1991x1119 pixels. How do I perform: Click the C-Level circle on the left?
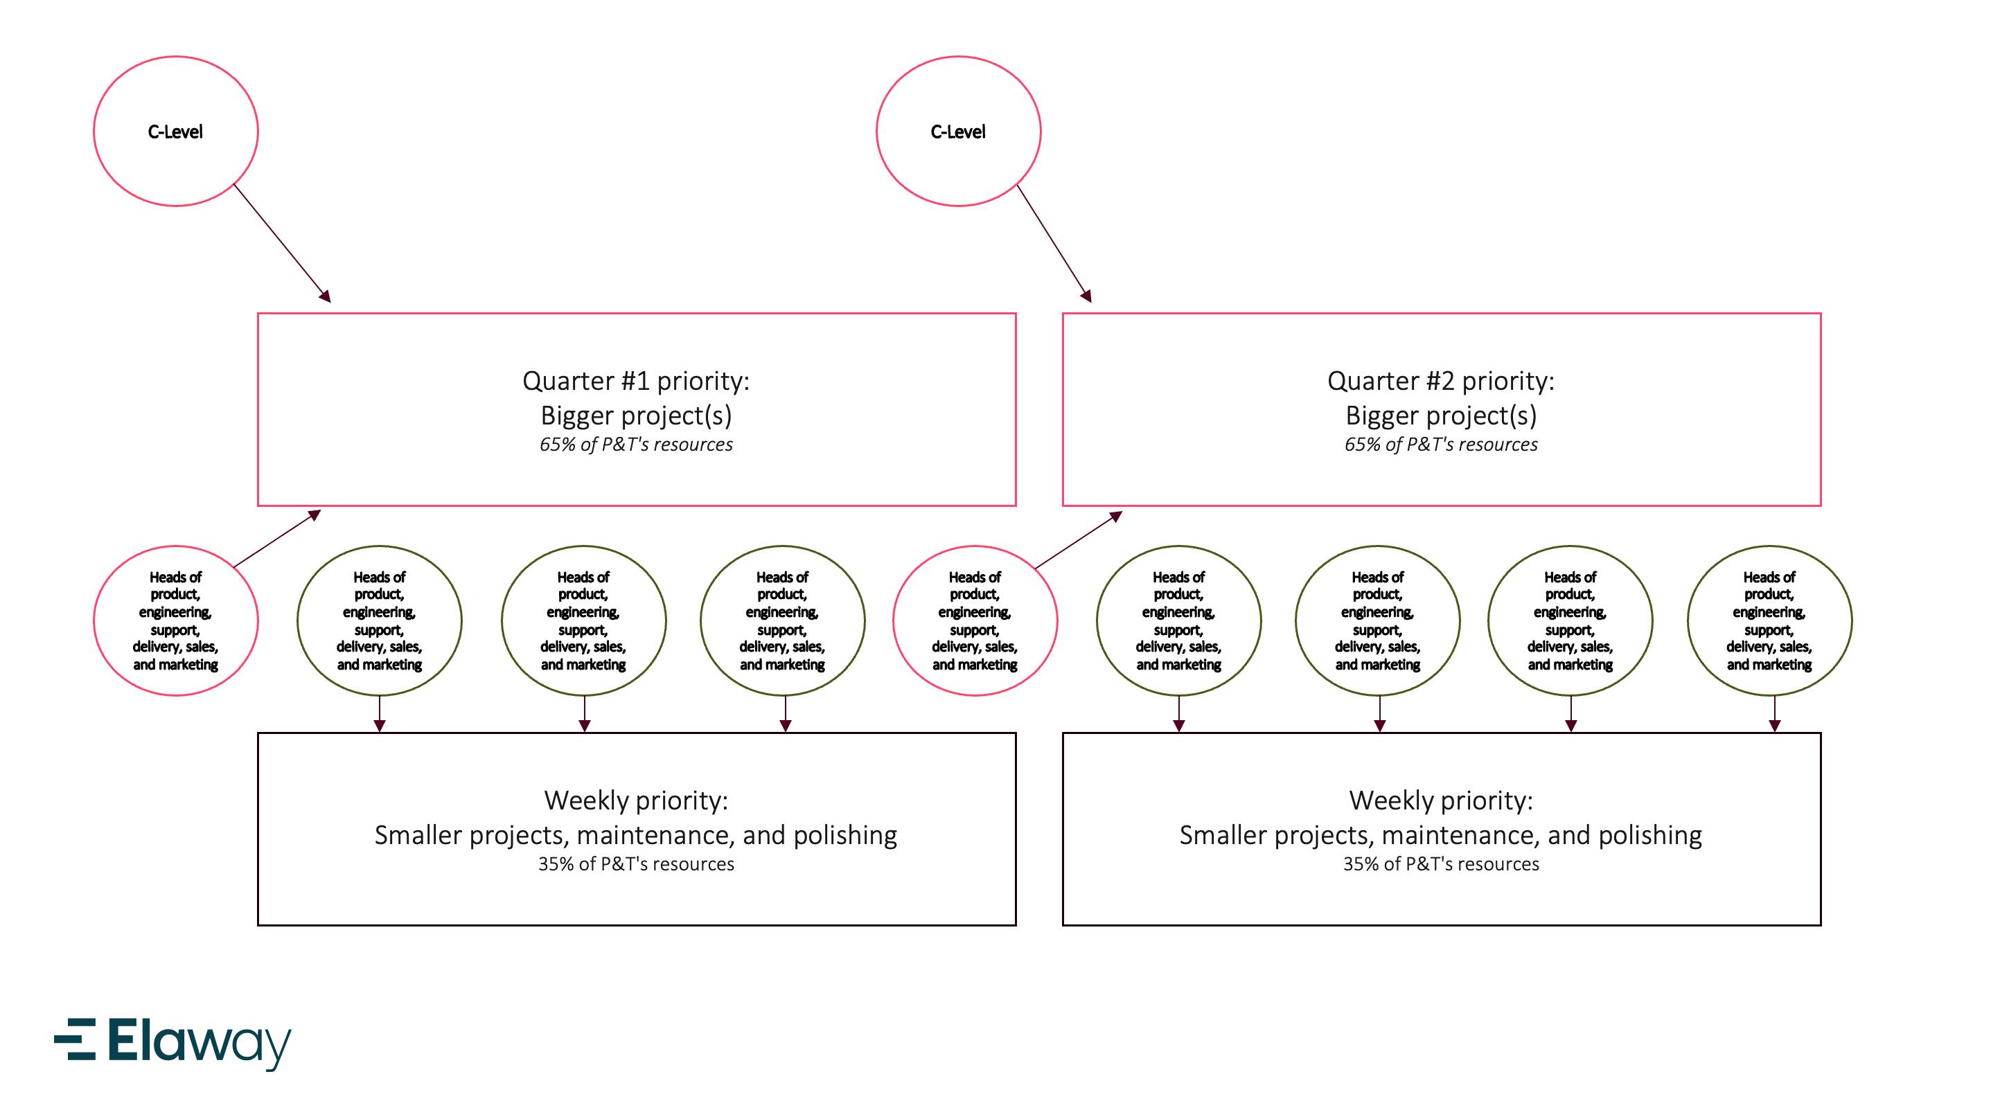[x=175, y=132]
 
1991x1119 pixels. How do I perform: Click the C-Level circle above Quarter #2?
[x=957, y=132]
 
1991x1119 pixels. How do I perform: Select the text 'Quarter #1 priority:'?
[x=635, y=381]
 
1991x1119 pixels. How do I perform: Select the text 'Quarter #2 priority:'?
[x=1440, y=381]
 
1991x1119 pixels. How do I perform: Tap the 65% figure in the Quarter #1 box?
[x=556, y=445]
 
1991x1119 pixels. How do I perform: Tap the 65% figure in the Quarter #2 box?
[x=1361, y=445]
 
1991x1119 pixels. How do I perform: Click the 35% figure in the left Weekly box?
[x=555, y=864]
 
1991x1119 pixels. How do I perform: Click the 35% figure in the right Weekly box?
[x=1359, y=864]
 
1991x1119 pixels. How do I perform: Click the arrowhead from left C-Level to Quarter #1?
[x=326, y=296]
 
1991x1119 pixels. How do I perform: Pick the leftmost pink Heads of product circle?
[x=175, y=620]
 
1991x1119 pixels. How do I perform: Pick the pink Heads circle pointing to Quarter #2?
[x=975, y=620]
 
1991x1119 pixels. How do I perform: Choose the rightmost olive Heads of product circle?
[x=1769, y=620]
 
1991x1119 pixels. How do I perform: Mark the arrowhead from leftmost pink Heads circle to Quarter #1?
[x=315, y=514]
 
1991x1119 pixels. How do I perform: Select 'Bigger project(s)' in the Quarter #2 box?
[x=1440, y=415]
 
